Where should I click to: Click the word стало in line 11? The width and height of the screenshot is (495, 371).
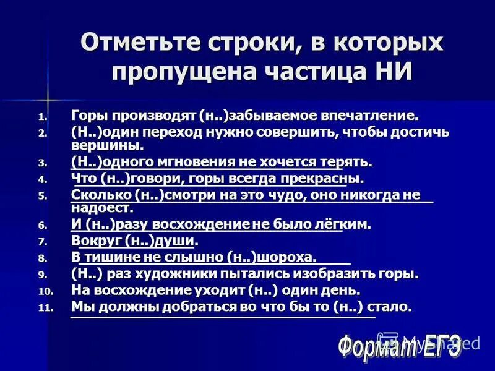point(389,307)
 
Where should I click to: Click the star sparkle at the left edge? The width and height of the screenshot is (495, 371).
point(48,98)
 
